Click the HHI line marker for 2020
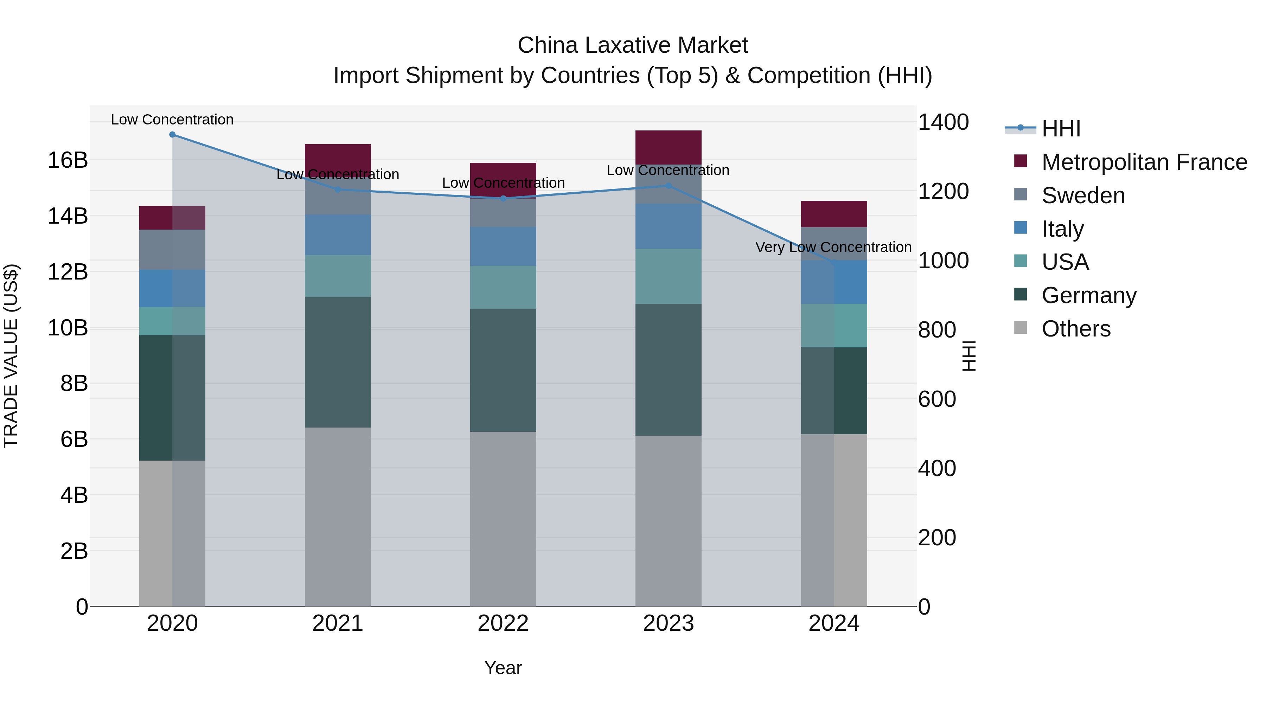(x=172, y=134)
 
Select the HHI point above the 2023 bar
(x=668, y=186)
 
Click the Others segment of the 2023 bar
(x=668, y=521)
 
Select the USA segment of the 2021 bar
(x=338, y=276)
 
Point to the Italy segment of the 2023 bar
(x=668, y=226)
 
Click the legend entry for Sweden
(x=1083, y=195)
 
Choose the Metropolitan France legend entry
(x=1144, y=162)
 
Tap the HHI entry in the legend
(x=1061, y=129)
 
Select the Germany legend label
(x=1088, y=295)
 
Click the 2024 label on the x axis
(x=833, y=623)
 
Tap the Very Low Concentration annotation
(x=833, y=247)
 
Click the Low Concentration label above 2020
(x=172, y=120)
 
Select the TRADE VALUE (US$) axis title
(x=11, y=356)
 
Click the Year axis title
(x=503, y=668)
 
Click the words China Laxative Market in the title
(x=633, y=45)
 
